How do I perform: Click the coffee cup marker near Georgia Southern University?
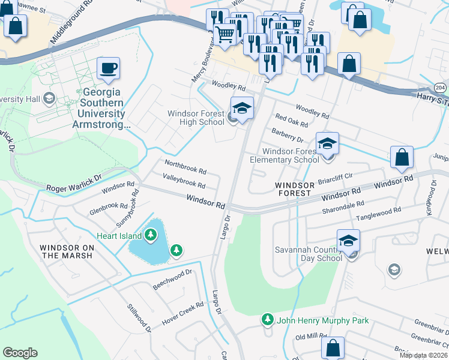(x=108, y=69)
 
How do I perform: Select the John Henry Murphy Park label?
(x=322, y=320)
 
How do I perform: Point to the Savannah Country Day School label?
(x=308, y=254)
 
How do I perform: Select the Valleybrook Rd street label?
(x=184, y=180)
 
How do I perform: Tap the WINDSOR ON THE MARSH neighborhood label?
(x=66, y=251)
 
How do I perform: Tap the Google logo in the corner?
(x=20, y=353)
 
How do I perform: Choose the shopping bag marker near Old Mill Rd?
(x=333, y=349)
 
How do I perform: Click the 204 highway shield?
(x=441, y=88)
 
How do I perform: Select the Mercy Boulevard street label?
(x=202, y=62)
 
